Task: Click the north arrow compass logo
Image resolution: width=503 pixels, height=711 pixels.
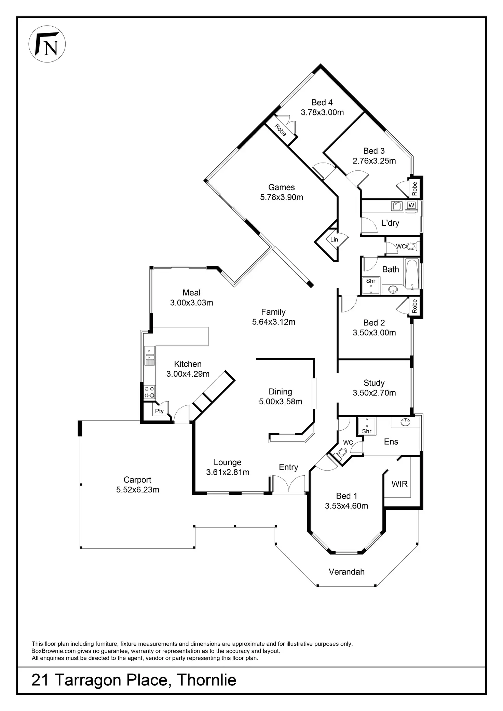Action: point(47,45)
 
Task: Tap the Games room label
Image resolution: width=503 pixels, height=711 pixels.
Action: point(282,187)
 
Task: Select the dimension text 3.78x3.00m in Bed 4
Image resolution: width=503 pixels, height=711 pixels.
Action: point(322,112)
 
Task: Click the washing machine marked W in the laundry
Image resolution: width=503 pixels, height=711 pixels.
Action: point(411,205)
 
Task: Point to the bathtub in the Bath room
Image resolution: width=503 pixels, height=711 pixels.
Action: point(412,274)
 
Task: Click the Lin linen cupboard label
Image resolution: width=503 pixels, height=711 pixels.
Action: point(334,240)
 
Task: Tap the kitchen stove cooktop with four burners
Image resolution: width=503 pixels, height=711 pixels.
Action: point(149,392)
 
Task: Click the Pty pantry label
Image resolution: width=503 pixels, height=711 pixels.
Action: point(159,411)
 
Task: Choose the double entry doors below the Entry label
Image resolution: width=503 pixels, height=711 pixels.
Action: point(289,485)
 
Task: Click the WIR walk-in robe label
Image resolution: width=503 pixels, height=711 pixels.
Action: point(399,484)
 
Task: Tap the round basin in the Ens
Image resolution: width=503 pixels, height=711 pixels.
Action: point(406,422)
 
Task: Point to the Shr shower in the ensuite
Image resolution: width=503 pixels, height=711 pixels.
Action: point(367,426)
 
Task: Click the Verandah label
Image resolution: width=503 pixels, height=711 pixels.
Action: point(346,572)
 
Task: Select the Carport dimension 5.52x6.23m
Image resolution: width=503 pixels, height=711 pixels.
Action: point(138,490)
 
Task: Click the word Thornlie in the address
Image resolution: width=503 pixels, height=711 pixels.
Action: point(206,680)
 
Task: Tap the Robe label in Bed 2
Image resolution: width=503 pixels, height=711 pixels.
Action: point(414,306)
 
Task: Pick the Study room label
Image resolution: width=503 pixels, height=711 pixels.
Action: point(374,383)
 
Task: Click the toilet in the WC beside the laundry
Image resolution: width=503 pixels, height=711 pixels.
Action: point(412,246)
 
